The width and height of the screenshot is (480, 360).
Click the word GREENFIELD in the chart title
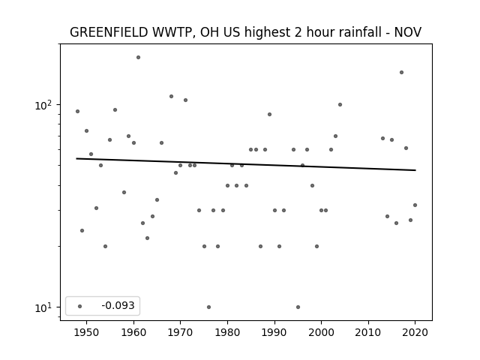tap(109, 32)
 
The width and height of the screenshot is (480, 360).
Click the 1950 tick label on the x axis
tap(87, 332)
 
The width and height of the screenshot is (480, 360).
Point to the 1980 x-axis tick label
tap(227, 332)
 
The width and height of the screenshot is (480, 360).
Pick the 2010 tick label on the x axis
tap(368, 332)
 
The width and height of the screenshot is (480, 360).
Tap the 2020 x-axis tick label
tap(415, 332)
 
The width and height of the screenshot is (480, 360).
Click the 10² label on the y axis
tap(43, 105)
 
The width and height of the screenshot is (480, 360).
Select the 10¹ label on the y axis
tap(43, 307)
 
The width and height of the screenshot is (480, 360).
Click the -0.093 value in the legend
tap(118, 305)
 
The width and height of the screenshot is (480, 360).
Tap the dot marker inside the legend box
tap(80, 306)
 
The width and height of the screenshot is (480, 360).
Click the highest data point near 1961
tap(138, 57)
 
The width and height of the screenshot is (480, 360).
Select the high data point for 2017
tap(402, 72)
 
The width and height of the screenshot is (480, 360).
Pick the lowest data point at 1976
tap(208, 307)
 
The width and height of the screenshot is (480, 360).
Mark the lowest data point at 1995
tap(298, 307)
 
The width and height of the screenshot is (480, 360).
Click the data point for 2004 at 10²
tap(340, 105)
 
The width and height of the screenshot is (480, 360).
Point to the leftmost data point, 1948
tap(78, 112)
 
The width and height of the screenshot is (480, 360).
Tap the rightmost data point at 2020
tap(415, 205)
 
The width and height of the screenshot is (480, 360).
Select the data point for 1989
tap(270, 115)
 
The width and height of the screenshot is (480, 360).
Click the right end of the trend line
tap(415, 170)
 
